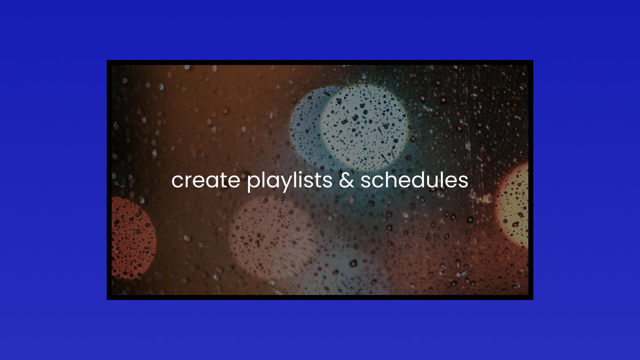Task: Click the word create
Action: coord(206,180)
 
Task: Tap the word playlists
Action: coord(290,182)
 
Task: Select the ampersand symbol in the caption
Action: coord(346,180)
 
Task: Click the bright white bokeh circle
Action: coord(364,127)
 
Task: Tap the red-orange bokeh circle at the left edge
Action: coord(133,237)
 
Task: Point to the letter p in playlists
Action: coord(254,184)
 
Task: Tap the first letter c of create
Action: coord(178,182)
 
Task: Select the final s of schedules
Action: coord(463,182)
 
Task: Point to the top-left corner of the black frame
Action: coord(107,60)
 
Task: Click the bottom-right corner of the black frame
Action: coord(533,300)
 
